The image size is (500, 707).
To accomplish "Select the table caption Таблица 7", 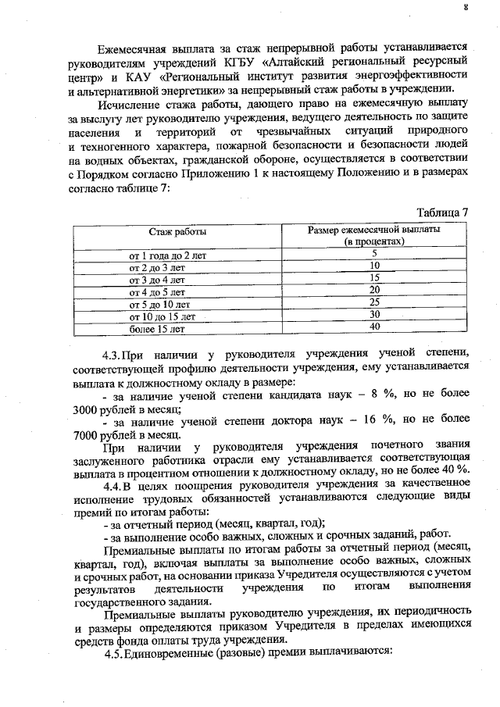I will click(x=443, y=212).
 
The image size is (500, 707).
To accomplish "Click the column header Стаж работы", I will click(x=178, y=232).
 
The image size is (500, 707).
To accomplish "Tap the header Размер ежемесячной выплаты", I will click(x=374, y=232).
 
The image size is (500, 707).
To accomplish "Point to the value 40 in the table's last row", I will click(x=374, y=327).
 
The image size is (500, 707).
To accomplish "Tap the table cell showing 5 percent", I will click(x=374, y=253).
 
